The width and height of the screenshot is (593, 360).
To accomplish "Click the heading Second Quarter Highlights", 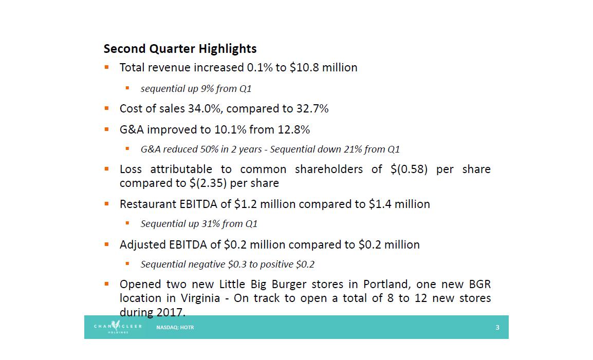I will (180, 49).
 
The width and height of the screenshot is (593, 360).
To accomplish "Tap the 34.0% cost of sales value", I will (200, 108).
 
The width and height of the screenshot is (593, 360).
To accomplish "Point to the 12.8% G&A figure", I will (294, 129).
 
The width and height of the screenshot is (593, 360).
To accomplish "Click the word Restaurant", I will (147, 204).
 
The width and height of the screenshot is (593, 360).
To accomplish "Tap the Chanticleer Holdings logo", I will (118, 327).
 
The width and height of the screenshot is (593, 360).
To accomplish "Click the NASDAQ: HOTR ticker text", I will (175, 327).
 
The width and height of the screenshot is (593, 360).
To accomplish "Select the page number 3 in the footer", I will (497, 327).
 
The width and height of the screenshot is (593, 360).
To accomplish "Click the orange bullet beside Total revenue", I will (107, 67).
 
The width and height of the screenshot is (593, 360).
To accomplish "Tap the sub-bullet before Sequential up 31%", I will (127, 223).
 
